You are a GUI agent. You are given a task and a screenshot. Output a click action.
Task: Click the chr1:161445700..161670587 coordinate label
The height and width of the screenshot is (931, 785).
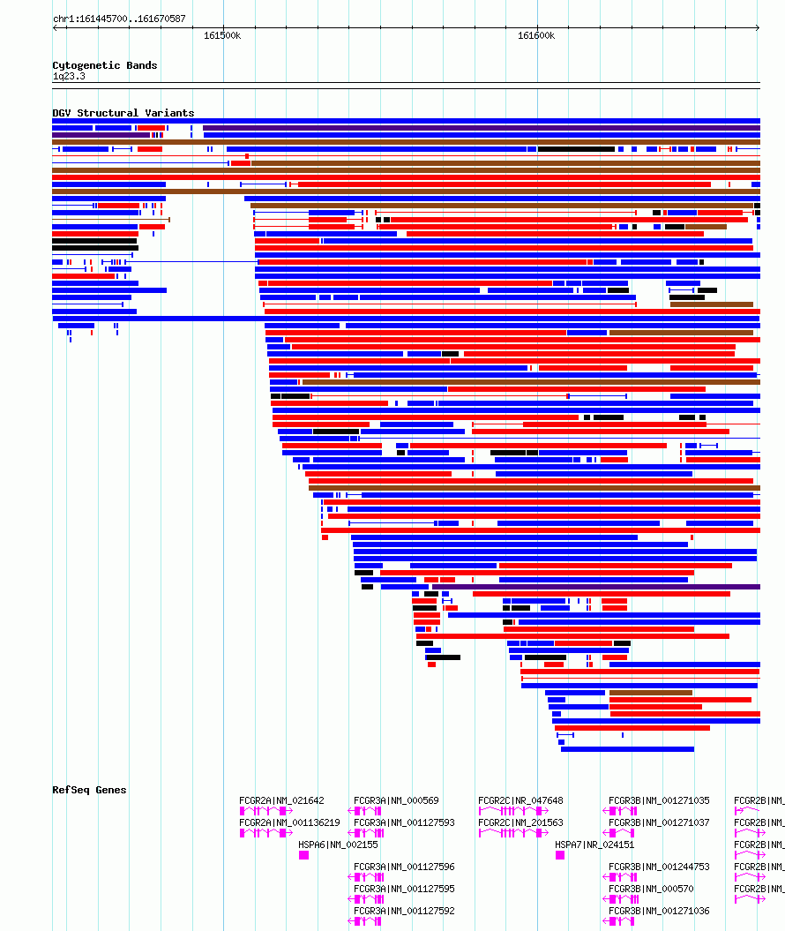point(119,19)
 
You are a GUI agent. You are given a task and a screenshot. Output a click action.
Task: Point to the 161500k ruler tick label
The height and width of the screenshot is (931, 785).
point(222,35)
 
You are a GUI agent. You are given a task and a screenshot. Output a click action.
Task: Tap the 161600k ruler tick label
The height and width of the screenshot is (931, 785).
point(536,35)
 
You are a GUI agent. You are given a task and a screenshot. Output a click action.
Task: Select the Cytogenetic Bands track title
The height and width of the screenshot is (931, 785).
point(104,65)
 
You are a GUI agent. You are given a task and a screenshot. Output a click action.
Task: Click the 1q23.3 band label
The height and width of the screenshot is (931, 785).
point(69,76)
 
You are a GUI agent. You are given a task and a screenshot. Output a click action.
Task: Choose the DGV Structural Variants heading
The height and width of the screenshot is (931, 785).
point(123,113)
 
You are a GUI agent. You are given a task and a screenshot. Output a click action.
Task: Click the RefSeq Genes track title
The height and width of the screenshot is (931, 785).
point(89,790)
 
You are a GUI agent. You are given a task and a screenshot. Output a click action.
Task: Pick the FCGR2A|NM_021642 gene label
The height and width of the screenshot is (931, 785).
point(281,801)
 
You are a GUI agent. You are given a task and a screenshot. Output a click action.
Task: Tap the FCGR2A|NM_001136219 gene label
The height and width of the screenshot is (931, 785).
point(289,822)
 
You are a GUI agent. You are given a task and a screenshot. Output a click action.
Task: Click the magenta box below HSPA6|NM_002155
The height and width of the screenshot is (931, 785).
point(303,855)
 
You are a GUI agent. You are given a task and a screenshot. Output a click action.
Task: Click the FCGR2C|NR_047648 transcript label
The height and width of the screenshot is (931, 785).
point(520,801)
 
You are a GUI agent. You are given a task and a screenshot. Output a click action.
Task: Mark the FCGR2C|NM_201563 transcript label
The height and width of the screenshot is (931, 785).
point(520,822)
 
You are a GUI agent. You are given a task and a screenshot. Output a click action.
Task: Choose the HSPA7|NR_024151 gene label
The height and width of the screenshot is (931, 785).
point(594,845)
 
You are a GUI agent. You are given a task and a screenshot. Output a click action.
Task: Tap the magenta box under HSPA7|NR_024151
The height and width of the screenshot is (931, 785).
point(559,855)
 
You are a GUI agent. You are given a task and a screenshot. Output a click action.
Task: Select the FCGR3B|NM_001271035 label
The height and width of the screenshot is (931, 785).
point(659,801)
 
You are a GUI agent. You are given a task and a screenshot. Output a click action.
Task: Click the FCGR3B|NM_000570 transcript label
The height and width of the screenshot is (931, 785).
point(651,889)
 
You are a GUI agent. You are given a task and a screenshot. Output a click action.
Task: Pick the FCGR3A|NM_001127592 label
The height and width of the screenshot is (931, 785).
point(404,911)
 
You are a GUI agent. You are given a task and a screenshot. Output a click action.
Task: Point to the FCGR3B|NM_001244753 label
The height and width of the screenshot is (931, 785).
point(659,867)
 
